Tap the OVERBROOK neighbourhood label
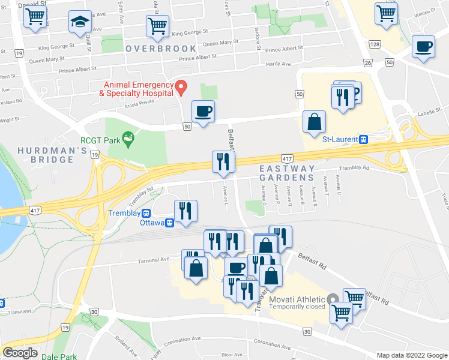click(x=161, y=48)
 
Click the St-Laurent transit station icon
click(x=363, y=139)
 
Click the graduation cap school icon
click(x=79, y=23)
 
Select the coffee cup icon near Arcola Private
click(x=203, y=111)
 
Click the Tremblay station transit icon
click(x=145, y=213)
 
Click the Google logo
click(x=20, y=353)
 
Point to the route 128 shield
click(x=375, y=45)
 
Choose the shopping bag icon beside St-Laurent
click(x=314, y=122)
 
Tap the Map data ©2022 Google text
click(x=411, y=355)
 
